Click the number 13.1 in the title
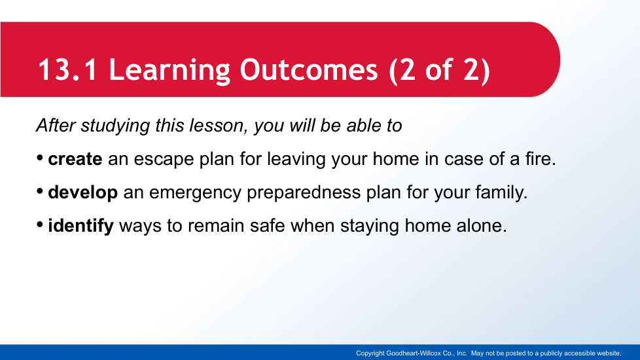[x=68, y=69]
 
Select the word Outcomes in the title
[x=309, y=69]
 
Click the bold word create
[x=75, y=159]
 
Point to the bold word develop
[x=83, y=192]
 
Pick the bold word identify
[x=80, y=226]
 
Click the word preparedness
[x=304, y=192]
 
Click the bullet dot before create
[x=40, y=158]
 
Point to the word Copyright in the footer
[x=370, y=353]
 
